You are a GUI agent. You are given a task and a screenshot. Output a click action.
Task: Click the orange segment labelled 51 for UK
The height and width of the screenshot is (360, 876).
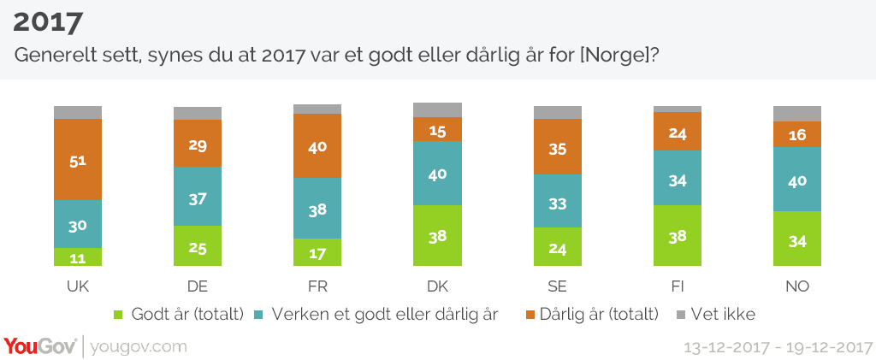[78, 159]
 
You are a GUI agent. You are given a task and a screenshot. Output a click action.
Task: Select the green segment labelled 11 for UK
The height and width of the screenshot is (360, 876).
[78, 257]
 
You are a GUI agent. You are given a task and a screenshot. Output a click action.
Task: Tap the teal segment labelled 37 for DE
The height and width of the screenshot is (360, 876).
[198, 197]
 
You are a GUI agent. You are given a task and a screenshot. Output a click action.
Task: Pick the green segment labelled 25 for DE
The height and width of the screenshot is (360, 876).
[198, 247]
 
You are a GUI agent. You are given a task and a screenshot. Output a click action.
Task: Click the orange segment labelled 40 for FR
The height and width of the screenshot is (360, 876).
[317, 145]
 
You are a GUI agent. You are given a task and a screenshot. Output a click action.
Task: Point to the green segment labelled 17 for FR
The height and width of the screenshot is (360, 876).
[317, 253]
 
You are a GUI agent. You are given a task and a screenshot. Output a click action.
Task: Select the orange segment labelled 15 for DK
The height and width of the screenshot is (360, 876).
[437, 129]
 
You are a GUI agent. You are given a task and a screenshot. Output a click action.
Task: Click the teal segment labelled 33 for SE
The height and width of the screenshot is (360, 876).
[557, 201]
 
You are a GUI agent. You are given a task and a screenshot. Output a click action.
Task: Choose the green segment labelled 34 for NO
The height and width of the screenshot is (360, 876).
[796, 239]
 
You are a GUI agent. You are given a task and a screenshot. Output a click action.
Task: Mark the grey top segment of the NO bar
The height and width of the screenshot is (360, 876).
[796, 114]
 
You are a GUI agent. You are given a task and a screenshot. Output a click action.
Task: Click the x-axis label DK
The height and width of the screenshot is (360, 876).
[437, 286]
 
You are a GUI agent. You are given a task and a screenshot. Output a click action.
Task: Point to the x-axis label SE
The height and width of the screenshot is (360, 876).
[557, 286]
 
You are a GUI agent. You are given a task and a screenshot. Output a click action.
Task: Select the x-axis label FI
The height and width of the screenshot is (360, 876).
[677, 286]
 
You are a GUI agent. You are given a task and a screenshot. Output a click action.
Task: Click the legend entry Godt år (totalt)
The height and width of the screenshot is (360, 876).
[179, 314]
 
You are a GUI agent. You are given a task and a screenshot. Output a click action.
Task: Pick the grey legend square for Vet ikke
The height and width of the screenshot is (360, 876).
[682, 314]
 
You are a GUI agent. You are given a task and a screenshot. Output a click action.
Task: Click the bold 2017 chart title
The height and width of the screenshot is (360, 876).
[48, 21]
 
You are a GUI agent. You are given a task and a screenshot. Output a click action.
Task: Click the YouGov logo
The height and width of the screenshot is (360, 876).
[39, 346]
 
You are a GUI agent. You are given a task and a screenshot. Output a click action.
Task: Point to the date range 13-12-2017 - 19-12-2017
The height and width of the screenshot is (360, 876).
[775, 347]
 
